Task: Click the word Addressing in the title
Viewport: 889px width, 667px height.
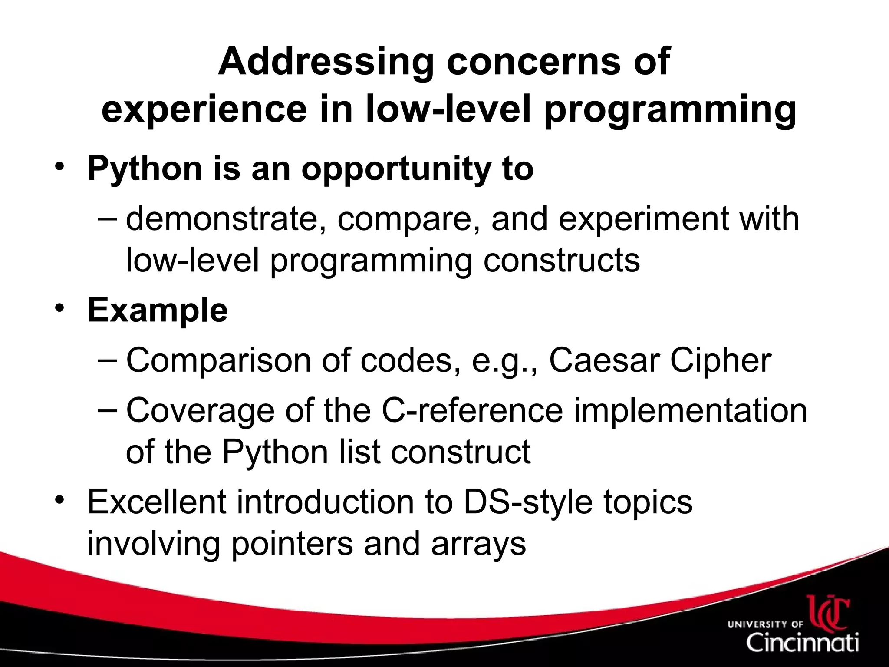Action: click(x=326, y=62)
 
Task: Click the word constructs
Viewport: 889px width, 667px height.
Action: click(x=561, y=261)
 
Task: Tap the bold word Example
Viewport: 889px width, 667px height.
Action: click(x=158, y=310)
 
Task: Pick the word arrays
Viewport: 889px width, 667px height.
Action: click(x=478, y=543)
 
